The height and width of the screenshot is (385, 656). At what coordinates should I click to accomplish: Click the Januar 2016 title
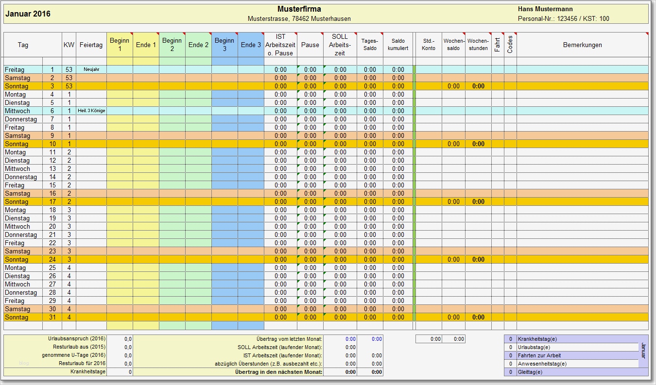click(x=28, y=14)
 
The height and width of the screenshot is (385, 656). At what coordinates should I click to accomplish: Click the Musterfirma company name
click(x=299, y=9)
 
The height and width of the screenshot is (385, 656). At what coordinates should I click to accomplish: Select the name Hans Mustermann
click(x=545, y=9)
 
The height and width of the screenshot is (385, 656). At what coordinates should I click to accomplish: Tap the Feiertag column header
click(x=91, y=45)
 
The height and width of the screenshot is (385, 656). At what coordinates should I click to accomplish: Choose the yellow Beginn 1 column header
click(x=120, y=45)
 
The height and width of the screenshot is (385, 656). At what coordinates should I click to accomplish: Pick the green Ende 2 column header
click(x=198, y=45)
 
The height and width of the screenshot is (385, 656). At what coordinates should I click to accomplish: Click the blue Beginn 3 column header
click(x=224, y=45)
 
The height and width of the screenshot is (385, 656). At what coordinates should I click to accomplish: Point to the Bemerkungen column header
click(x=582, y=45)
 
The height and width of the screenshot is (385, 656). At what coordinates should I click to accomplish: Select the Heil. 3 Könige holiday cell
click(x=91, y=111)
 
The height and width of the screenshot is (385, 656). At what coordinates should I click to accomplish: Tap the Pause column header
click(x=310, y=45)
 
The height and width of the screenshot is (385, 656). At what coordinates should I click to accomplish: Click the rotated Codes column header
click(x=510, y=45)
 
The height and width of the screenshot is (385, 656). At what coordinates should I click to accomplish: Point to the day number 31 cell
click(x=52, y=318)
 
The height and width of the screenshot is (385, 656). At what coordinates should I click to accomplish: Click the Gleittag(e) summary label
click(x=530, y=372)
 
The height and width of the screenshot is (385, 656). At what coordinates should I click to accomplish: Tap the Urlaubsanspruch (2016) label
click(x=76, y=339)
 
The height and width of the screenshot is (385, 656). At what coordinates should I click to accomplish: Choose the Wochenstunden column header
click(x=478, y=45)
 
